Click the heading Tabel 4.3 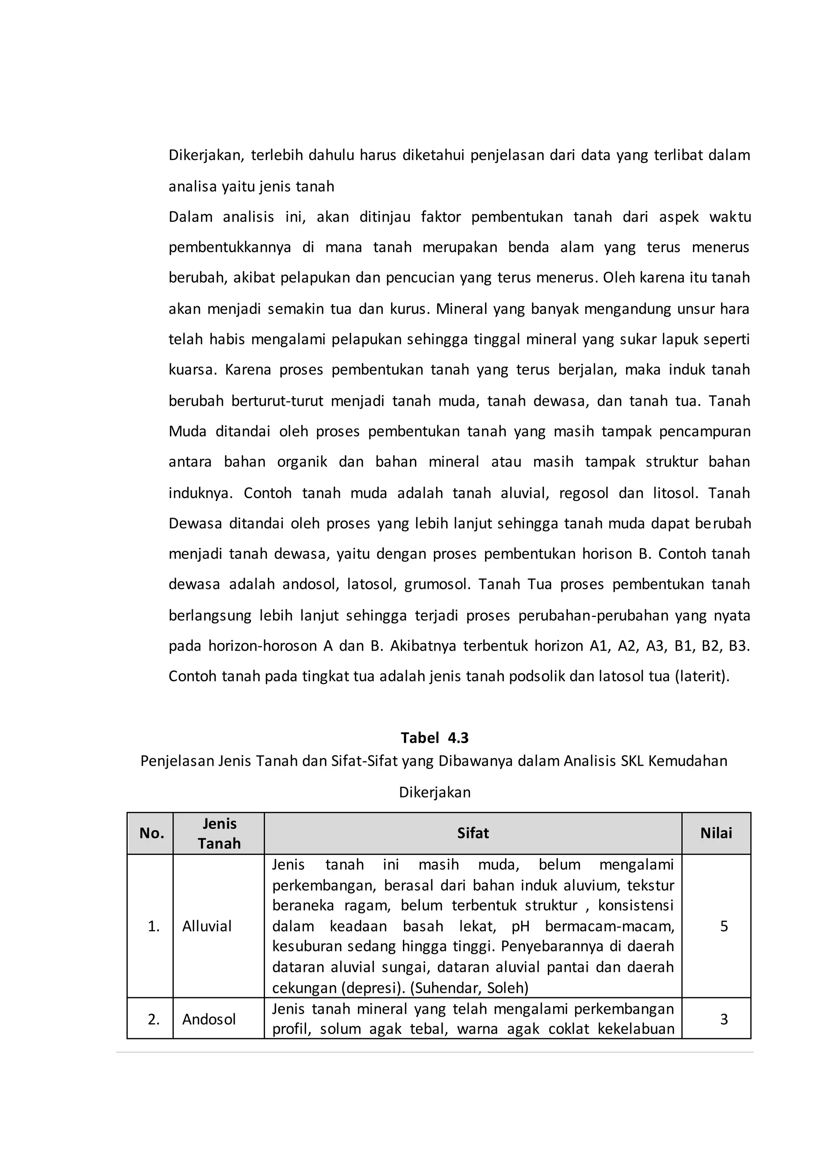coord(434,737)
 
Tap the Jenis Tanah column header coord(219,833)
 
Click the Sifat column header coord(473,833)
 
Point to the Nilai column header coord(716,833)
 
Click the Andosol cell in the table coord(209,1019)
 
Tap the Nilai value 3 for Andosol coord(724,1019)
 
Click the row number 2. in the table coord(153,1019)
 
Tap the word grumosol coord(437,585)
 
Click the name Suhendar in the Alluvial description coord(447,988)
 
